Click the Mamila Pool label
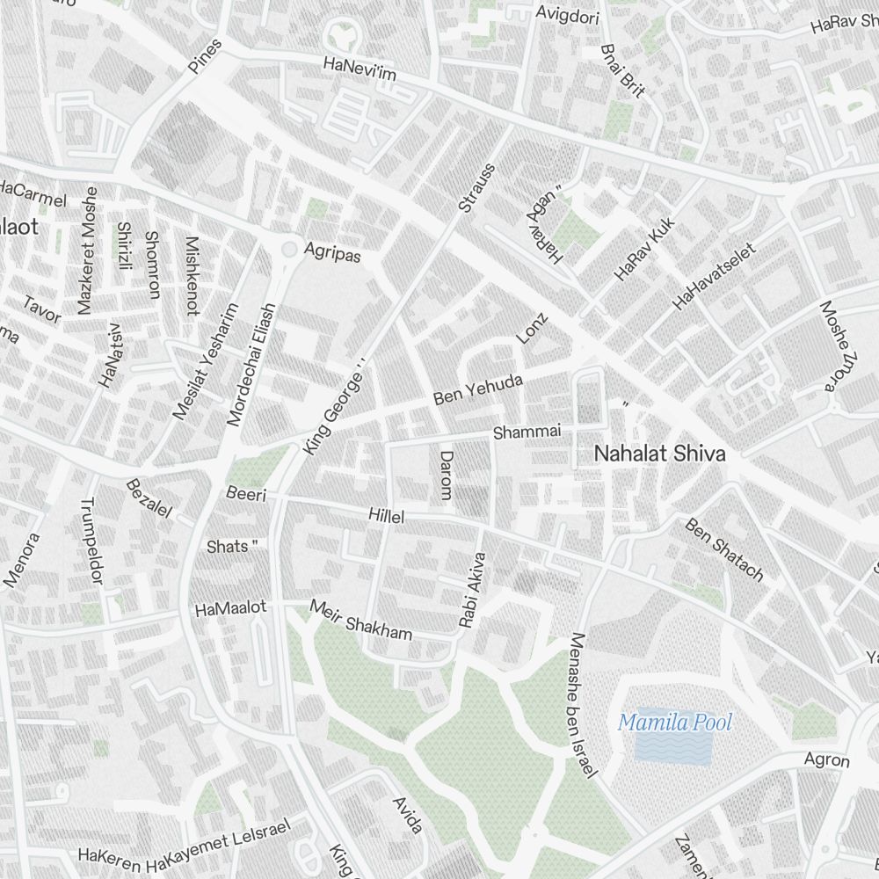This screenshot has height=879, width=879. pos(675,723)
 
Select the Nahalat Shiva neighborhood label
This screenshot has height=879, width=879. pos(659,454)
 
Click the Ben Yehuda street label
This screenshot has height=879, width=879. pos(478,391)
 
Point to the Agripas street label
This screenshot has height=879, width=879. pos(332,251)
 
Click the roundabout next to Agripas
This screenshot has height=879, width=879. pos(288,250)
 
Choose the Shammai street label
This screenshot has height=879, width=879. pos(527,432)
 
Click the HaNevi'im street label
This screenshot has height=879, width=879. pos(360,69)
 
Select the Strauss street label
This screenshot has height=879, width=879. pos(477,187)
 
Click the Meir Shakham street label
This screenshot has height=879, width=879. pos(360,621)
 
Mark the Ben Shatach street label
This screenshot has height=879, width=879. pos(724,549)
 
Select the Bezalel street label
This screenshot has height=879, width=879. pos(149,498)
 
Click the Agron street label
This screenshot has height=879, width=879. pos(827,760)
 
